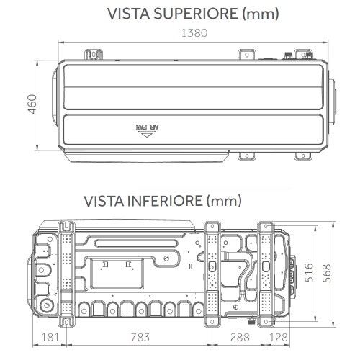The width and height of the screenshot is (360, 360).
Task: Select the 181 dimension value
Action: pos(50,336)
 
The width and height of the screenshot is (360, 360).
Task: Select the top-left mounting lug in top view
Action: pos(93,55)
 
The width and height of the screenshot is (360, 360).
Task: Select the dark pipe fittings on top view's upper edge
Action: pos(290,55)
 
